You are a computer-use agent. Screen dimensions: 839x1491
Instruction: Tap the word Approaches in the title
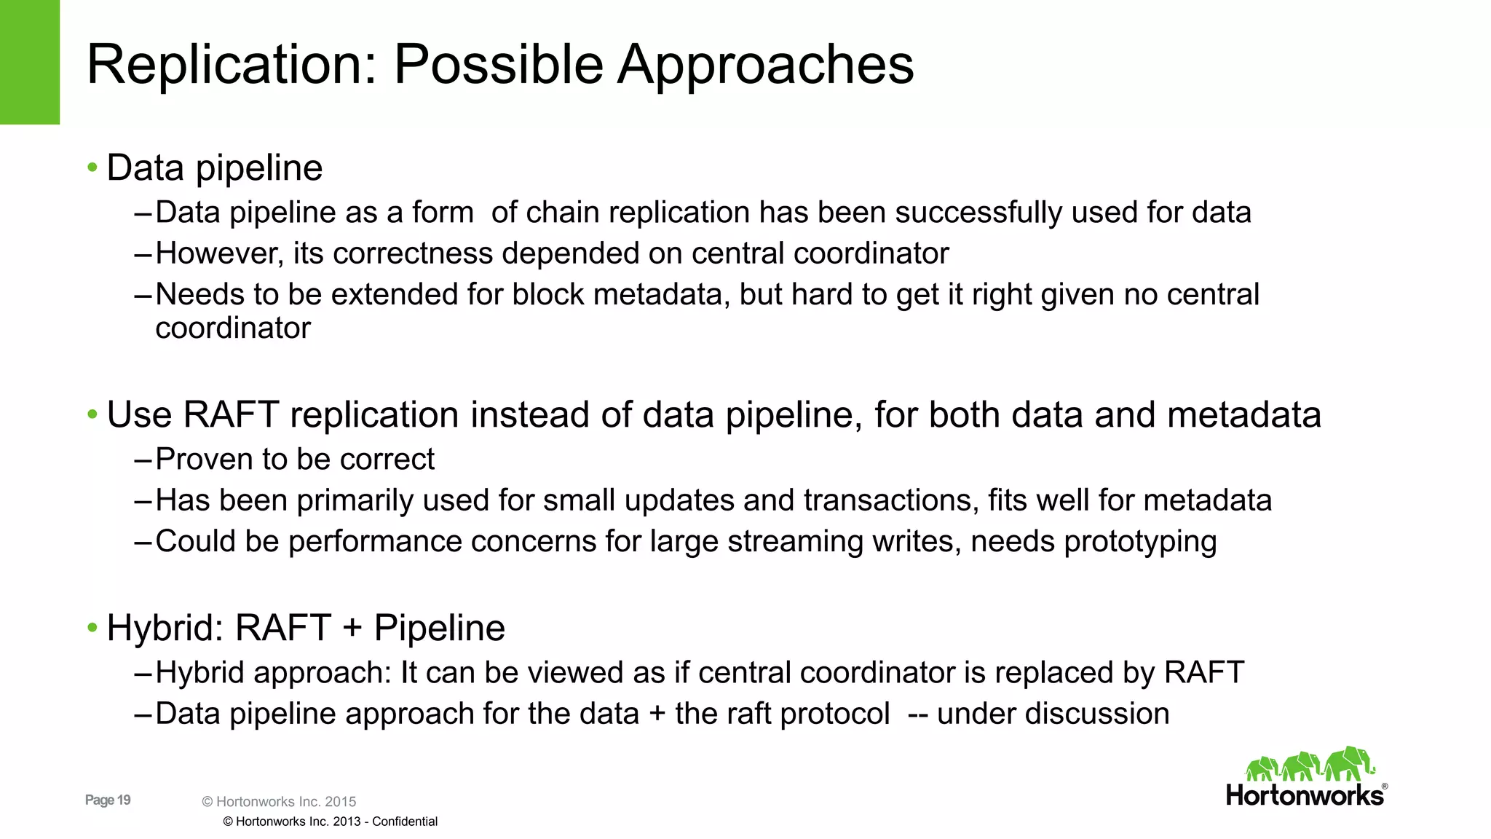click(765, 66)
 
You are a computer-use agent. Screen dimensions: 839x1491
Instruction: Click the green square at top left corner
click(29, 62)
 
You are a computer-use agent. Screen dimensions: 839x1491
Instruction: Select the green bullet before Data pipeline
click(92, 168)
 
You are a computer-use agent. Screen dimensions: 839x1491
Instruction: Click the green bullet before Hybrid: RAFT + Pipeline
click(92, 628)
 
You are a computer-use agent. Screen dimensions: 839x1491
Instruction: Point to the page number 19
click(124, 800)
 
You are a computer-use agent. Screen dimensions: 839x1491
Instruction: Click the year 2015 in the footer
click(340, 802)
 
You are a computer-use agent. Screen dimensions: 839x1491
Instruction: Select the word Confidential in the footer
click(405, 822)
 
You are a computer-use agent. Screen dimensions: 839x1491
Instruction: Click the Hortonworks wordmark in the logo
click(1305, 795)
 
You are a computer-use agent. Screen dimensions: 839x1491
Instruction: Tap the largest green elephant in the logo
click(1348, 763)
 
